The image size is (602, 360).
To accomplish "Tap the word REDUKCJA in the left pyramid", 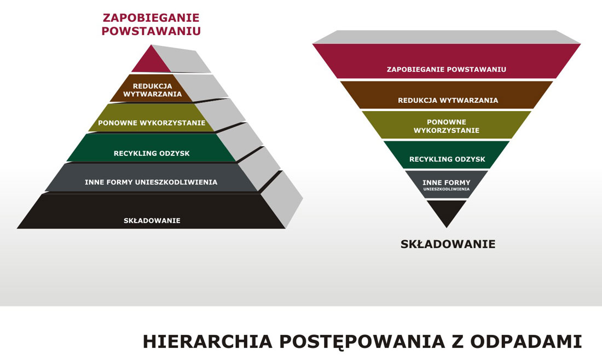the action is tap(153, 86).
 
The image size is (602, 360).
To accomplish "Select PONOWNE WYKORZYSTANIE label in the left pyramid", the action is tap(152, 123).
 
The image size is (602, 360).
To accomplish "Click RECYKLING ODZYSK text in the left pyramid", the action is tap(152, 153).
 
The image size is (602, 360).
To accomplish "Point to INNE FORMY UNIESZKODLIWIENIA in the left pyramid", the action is tap(151, 182).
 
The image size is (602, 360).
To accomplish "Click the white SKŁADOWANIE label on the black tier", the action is tap(152, 220).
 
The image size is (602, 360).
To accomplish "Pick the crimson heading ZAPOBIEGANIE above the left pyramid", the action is tap(151, 18).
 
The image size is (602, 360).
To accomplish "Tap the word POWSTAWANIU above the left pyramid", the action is tap(151, 31).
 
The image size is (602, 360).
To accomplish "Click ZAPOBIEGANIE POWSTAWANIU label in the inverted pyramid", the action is tap(447, 69).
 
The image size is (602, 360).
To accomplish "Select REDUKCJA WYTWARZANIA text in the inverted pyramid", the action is tap(448, 100).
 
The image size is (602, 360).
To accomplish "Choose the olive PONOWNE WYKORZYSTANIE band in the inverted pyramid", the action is tap(447, 125).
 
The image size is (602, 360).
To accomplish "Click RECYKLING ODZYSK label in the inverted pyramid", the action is tap(447, 159).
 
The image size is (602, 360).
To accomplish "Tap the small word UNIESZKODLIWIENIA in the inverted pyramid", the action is tap(447, 189).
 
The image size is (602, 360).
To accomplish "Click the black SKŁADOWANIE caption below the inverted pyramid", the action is tap(448, 244).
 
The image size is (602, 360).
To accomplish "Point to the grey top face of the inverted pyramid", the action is tap(447, 37).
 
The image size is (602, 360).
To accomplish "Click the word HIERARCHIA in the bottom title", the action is tap(208, 341).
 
